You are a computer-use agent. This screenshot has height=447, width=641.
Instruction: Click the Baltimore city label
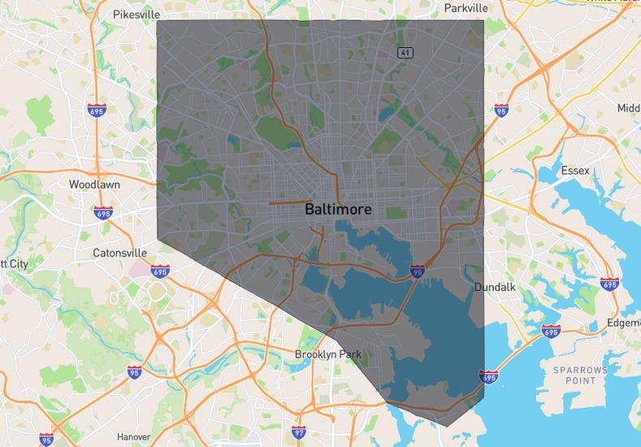tap(338, 209)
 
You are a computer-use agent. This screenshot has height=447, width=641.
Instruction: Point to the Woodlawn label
tap(94, 184)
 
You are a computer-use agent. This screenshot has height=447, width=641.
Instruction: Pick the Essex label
tap(575, 171)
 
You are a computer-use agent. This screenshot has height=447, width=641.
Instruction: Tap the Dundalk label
tap(492, 287)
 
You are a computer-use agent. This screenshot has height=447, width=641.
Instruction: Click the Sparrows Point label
tap(580, 375)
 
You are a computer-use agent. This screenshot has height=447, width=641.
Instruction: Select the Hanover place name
tap(133, 436)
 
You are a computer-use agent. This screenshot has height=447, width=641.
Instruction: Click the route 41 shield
tap(405, 53)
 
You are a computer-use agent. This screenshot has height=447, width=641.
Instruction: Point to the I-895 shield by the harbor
tap(417, 271)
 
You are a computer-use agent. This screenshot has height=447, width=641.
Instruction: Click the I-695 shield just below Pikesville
tap(97, 110)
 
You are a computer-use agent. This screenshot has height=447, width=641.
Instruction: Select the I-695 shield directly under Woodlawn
tap(102, 214)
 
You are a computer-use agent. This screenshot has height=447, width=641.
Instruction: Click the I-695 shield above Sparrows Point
tap(551, 332)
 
